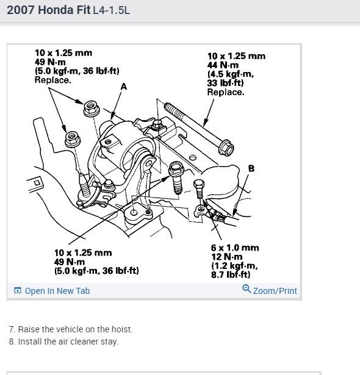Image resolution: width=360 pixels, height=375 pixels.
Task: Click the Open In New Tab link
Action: (52, 291)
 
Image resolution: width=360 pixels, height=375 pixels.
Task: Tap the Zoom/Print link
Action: (275, 291)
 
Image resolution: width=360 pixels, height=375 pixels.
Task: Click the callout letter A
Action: (124, 87)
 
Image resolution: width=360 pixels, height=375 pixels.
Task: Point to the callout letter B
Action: (251, 168)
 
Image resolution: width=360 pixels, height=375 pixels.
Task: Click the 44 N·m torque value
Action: (223, 65)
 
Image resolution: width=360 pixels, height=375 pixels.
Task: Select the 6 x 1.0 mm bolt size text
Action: (235, 248)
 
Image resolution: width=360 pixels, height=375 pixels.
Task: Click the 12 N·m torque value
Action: (226, 257)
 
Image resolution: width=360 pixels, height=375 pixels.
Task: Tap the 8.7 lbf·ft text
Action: (231, 275)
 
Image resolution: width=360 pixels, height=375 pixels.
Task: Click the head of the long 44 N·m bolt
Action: (226, 148)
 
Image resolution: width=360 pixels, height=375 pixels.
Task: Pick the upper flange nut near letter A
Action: (92, 109)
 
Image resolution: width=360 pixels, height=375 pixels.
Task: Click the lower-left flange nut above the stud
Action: (73, 138)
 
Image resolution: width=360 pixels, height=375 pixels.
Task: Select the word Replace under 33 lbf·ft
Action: (226, 92)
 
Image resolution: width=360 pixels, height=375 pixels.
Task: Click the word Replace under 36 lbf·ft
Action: (53, 80)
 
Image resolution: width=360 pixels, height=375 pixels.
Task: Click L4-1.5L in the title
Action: (111, 10)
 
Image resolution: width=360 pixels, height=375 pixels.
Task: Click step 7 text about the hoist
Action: (71, 329)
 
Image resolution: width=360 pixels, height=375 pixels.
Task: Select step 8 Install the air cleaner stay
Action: (63, 341)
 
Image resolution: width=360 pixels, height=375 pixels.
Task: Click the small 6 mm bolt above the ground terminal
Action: (199, 189)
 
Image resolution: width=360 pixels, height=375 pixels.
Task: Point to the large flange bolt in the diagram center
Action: (176, 177)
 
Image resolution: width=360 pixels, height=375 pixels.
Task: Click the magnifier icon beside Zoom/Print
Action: (247, 289)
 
